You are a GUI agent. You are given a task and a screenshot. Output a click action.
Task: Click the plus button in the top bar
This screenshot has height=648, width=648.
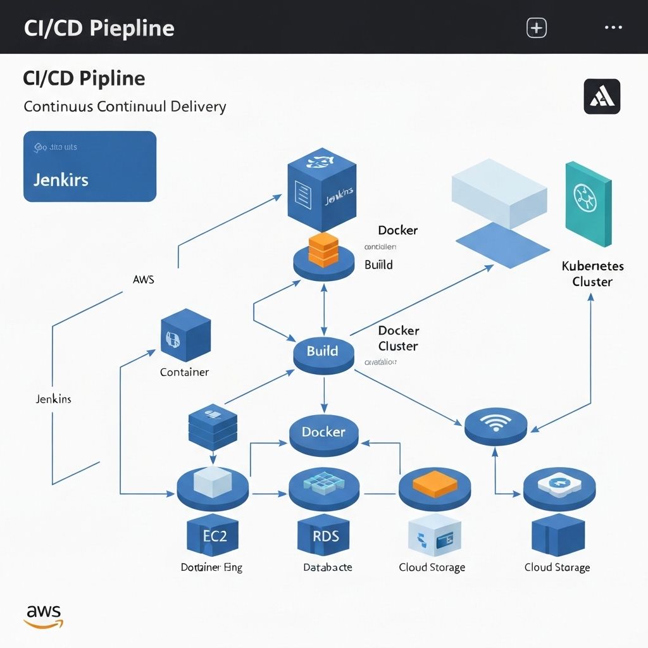[537, 28]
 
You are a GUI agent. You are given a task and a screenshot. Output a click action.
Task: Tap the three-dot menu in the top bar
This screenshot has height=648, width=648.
[614, 28]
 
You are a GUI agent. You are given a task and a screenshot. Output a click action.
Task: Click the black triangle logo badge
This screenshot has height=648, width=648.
[601, 96]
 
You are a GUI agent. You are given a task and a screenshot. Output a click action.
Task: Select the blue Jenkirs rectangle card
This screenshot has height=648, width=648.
[90, 166]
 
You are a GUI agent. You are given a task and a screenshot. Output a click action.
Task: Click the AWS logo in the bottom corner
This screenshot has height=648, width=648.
[44, 616]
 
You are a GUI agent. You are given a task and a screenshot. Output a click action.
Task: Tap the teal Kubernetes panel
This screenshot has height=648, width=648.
[588, 204]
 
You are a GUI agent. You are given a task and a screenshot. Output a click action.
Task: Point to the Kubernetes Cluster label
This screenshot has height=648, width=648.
[592, 273]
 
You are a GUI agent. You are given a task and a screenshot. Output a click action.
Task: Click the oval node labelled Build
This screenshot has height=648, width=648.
[323, 352]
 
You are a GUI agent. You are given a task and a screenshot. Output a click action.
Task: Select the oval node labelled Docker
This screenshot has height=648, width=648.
[323, 433]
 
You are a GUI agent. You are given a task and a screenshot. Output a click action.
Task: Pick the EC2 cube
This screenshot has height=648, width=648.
[215, 536]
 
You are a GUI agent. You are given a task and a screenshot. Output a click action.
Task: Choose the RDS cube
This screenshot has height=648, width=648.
[326, 536]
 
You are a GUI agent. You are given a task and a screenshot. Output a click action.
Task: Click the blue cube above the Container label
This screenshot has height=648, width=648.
[186, 335]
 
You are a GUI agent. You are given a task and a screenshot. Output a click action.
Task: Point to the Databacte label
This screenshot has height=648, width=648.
[327, 567]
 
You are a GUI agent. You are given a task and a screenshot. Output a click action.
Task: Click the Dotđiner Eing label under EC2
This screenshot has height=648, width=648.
[211, 567]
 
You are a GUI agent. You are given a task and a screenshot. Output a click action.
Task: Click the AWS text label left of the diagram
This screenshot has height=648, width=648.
[144, 279]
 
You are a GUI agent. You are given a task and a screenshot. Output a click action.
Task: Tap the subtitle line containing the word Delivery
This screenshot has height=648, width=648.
[125, 106]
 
